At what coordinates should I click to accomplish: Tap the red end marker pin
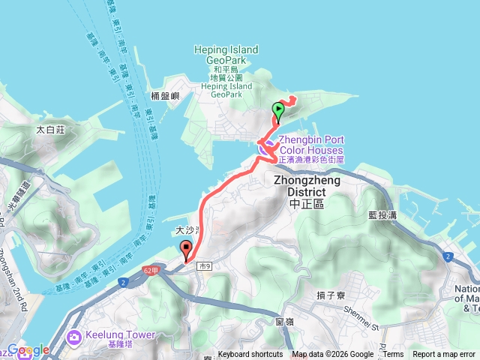(x=186, y=251)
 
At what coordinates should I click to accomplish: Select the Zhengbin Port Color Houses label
(x=311, y=144)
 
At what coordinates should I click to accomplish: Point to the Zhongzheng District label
(x=307, y=186)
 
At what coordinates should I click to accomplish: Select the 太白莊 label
(x=51, y=130)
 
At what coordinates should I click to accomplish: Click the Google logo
(x=28, y=350)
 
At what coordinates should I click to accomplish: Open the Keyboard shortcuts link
(x=250, y=355)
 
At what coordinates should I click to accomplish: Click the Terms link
(x=394, y=355)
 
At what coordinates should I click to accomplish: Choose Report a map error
(x=444, y=355)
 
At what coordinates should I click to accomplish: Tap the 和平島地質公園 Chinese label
(x=226, y=73)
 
